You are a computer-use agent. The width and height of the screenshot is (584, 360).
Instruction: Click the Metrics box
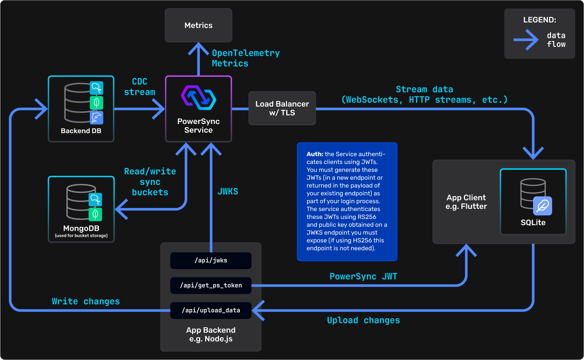198,25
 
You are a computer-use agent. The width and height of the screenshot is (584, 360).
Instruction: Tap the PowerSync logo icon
198,98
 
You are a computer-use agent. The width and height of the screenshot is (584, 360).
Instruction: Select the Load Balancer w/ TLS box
282,108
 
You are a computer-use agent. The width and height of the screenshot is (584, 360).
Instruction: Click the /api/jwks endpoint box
211,261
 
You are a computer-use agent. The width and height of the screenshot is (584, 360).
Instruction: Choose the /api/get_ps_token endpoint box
211,286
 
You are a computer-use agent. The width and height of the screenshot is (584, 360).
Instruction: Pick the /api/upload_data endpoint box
211,310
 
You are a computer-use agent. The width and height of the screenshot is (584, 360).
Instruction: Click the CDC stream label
140,87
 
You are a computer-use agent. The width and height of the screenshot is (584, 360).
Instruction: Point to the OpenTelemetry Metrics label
246,58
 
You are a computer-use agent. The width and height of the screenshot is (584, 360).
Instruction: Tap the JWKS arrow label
228,191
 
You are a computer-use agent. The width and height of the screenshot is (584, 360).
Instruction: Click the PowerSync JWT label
363,276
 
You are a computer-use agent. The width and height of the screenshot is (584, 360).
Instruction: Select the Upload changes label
363,320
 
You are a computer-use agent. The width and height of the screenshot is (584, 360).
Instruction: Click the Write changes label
86,301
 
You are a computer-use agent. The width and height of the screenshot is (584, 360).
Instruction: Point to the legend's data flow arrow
526,40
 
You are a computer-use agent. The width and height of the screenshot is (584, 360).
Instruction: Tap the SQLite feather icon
543,206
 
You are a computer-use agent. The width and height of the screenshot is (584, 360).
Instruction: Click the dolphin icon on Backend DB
96,118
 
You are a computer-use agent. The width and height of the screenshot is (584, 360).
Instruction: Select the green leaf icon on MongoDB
95,214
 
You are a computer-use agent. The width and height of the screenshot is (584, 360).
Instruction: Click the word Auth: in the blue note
315,154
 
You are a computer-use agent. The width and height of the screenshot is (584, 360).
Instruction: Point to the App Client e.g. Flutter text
466,202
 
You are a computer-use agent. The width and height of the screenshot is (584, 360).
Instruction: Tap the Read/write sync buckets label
150,182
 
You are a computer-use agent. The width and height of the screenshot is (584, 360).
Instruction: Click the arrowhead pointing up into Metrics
198,49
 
